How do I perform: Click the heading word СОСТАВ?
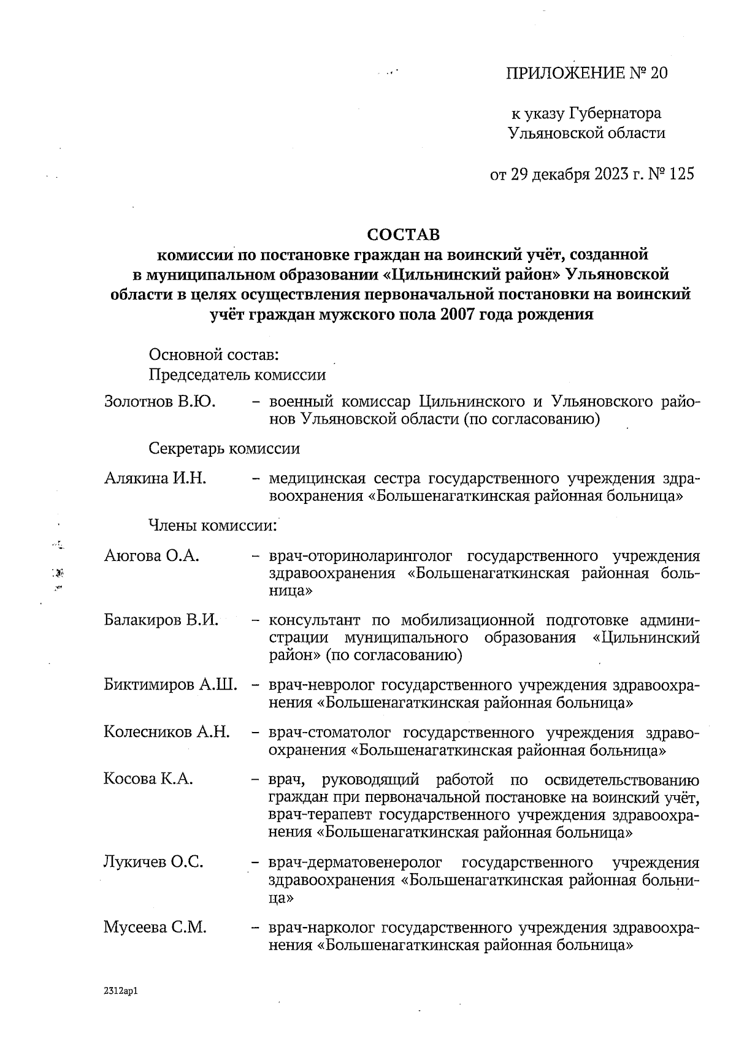404,235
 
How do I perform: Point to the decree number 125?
682,175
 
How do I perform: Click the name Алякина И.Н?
155,478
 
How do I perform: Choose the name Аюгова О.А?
152,556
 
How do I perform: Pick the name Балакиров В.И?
161,620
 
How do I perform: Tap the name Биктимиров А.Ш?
171,685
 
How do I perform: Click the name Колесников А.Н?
167,732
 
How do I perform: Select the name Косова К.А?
148,779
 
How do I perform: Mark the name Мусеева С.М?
155,928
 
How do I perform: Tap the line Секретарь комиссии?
224,449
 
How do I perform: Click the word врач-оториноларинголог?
361,556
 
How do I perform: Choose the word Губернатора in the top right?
615,114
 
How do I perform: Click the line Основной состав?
215,355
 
